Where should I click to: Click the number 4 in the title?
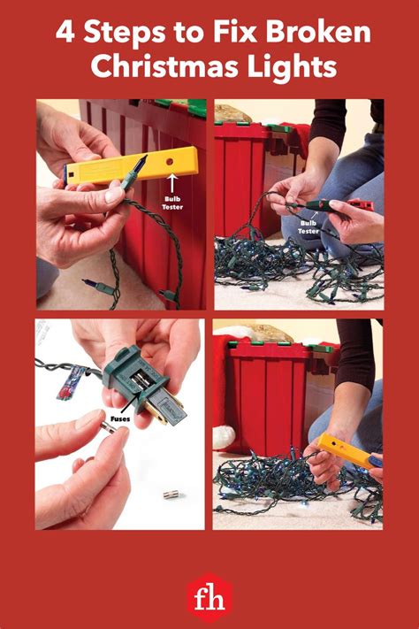pos(65,33)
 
